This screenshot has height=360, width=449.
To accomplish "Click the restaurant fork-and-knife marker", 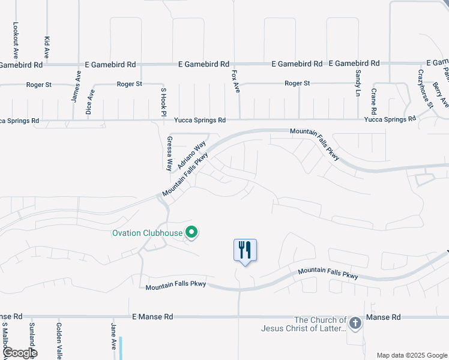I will [x=245, y=250].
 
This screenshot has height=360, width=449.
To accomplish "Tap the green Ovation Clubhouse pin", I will [x=192, y=232].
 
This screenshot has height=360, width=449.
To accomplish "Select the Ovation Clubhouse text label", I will [x=148, y=233].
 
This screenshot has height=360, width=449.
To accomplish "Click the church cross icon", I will [x=355, y=324].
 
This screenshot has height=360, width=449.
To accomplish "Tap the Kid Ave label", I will [x=47, y=47].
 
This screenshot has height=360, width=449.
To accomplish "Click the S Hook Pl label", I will [x=163, y=101].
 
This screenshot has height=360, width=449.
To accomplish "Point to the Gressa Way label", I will [x=169, y=153].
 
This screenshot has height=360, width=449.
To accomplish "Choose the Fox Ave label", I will [x=236, y=80].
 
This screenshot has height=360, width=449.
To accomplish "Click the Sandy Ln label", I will [x=358, y=83].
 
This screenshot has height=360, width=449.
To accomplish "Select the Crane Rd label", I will [x=373, y=101].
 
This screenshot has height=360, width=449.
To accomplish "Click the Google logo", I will [x=19, y=352].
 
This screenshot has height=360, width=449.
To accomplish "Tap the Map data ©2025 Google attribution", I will [x=412, y=355].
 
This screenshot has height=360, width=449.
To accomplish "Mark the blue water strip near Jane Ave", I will [x=121, y=348].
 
